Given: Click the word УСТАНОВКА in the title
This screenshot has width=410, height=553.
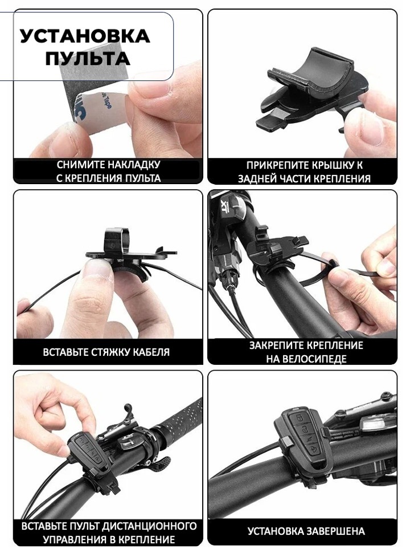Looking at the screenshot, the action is pyautogui.click(x=85, y=36).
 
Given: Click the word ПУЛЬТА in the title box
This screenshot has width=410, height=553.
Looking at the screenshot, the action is pyautogui.click(x=88, y=58).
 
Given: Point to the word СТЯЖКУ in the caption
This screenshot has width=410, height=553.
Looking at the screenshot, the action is pyautogui.click(x=111, y=352).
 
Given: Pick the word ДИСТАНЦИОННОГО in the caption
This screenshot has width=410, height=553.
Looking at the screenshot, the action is pyautogui.click(x=149, y=526).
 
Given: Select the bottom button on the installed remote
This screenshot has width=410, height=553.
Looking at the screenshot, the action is pyautogui.click(x=314, y=449).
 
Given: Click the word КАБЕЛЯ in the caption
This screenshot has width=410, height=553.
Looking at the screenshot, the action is pyautogui.click(x=152, y=352).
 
